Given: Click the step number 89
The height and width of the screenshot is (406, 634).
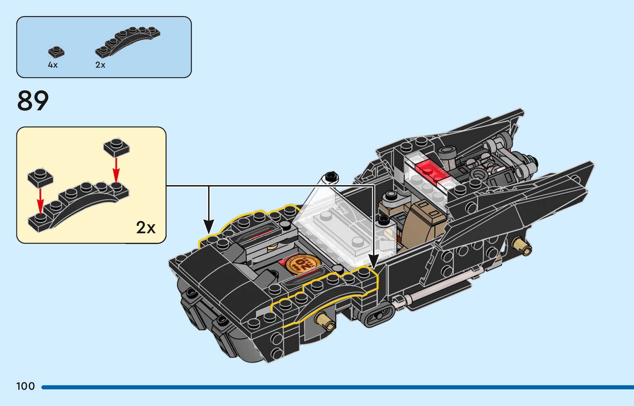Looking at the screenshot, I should pos(33,101).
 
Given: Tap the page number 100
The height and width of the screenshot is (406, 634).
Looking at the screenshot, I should pos(26,386).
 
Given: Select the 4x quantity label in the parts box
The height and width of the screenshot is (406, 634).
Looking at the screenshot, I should pos(53,65).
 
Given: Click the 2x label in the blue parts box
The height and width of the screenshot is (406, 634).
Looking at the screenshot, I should pos(100,65).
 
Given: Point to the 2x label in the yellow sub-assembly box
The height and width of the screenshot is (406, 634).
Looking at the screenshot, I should pos(146,227).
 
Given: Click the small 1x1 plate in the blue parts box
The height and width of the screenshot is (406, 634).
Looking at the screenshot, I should pos(56,52).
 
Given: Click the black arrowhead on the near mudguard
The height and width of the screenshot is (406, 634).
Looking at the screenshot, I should pos(374,261).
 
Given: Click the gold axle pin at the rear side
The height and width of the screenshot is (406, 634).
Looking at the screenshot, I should pos(521,246).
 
